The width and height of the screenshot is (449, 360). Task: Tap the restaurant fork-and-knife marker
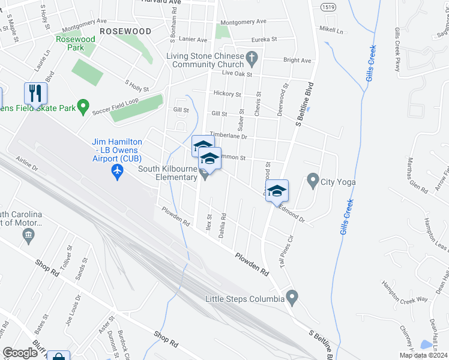pyautogui.click(x=35, y=94)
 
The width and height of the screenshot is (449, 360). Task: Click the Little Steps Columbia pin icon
pyautogui.click(x=292, y=296)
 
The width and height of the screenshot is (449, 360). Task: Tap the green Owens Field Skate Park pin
pyautogui.click(x=83, y=108)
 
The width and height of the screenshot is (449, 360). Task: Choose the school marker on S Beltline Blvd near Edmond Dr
pyautogui.click(x=277, y=191)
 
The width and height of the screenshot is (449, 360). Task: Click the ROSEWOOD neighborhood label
pyautogui.click(x=125, y=31)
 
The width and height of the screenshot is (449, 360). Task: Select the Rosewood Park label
pyautogui.click(x=75, y=43)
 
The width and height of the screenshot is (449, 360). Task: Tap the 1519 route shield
pyautogui.click(x=328, y=7)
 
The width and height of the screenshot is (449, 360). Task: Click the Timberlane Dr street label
pyautogui.click(x=228, y=136)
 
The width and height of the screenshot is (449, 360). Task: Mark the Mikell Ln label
pyautogui.click(x=331, y=29)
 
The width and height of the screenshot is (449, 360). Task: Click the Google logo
pyautogui.click(x=20, y=352)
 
